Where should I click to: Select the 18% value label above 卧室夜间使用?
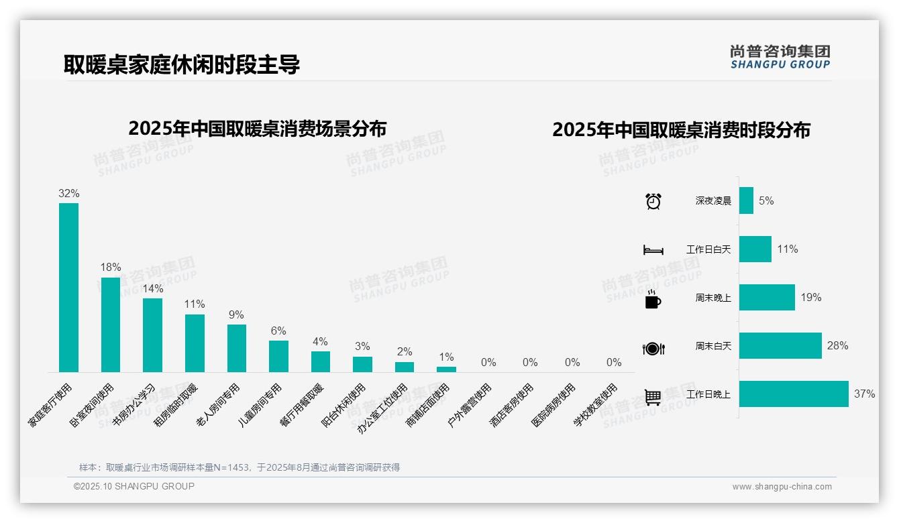(x=111, y=267)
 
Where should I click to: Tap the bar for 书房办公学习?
(x=152, y=335)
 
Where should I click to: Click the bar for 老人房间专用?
(x=237, y=348)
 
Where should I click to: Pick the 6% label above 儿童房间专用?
(x=278, y=331)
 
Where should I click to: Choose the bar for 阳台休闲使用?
(x=362, y=364)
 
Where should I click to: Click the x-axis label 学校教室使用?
(x=596, y=405)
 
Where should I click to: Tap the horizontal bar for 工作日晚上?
(x=794, y=394)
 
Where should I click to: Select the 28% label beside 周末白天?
(x=837, y=346)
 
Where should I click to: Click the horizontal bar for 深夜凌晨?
(x=746, y=200)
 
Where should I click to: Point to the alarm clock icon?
(x=653, y=201)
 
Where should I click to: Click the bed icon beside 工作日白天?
(x=653, y=250)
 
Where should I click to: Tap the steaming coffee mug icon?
(x=653, y=299)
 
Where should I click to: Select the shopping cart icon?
(x=653, y=397)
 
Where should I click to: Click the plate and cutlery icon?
(x=653, y=349)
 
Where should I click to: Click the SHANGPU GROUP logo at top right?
(x=780, y=57)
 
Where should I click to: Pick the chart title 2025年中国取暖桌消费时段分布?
(x=681, y=130)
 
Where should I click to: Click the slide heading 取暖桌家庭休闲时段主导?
(x=182, y=64)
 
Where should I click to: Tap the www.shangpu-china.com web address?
(x=782, y=487)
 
